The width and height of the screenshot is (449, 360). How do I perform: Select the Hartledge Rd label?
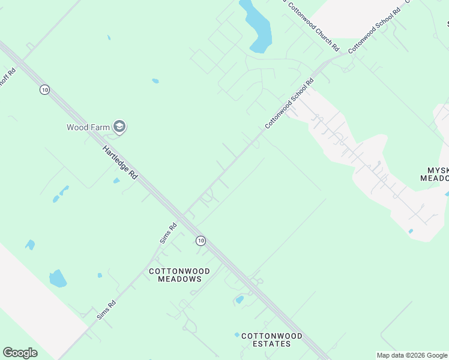120,163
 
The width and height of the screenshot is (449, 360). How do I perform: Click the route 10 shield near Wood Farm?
44,89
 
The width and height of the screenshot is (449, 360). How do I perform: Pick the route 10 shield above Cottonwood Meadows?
200,240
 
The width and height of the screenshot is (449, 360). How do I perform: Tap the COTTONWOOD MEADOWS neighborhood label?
179,275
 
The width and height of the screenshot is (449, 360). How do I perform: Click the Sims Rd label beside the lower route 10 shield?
168,233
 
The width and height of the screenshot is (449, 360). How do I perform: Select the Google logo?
20,353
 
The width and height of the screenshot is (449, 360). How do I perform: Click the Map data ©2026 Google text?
412,355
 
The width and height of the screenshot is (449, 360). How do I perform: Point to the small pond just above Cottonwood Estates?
240,299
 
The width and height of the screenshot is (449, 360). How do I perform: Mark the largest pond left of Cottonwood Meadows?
57,278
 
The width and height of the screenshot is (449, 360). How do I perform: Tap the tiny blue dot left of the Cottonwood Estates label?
237,335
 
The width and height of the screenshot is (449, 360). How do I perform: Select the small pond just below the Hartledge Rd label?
116,181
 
